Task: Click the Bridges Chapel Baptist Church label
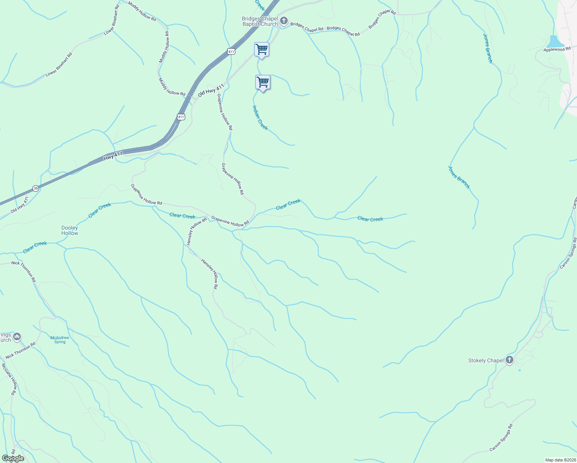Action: pos(260,21)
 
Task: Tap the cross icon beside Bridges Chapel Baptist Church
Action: pos(284,21)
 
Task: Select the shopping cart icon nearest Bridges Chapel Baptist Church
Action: pos(262,49)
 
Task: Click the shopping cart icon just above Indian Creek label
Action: pos(263,83)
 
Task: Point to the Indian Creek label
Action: pos(260,117)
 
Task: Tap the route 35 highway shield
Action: pos(36,188)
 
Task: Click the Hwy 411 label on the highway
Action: pos(113,156)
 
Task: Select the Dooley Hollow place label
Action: pos(70,231)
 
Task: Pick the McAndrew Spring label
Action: pos(60,340)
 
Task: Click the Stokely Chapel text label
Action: pos(486,360)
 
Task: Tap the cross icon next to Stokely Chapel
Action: pos(510,360)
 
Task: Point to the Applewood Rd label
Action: pos(557,49)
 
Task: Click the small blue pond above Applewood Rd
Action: pos(554,41)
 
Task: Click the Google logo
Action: pos(13,458)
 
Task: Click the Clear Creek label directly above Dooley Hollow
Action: pos(100,210)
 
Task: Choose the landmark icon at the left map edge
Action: pos(17,337)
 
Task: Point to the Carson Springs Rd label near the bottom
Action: pos(501,438)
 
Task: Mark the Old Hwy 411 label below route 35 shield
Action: pos(20,206)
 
